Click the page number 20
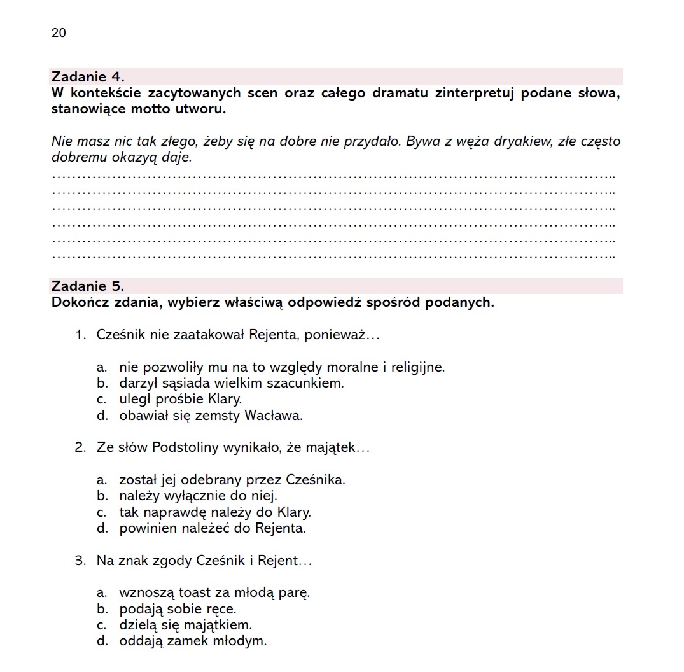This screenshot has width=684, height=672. pos(59,33)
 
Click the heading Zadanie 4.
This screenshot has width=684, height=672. pos(88,77)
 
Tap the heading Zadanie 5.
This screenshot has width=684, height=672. pos(88,286)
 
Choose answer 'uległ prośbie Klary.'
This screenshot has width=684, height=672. pos(180,400)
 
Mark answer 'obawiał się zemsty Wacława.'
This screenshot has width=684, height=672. pos(211,416)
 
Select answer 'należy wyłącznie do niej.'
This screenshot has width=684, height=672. pos(198,496)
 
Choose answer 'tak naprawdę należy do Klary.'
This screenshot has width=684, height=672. pos(215,512)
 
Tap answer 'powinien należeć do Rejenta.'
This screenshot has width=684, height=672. pos(213,528)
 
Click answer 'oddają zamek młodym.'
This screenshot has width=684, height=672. pos(192,641)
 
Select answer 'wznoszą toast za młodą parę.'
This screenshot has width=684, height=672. pos(214,593)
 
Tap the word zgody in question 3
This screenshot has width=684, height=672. pos(176,561)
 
